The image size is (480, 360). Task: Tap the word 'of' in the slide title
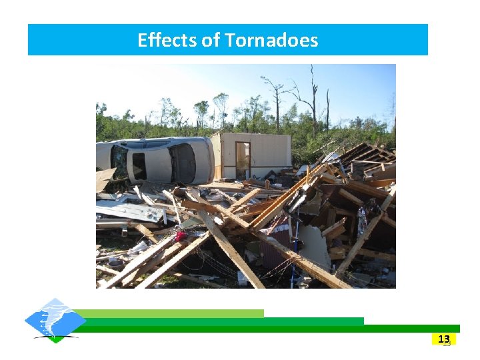click(211, 41)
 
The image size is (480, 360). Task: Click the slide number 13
click(444, 339)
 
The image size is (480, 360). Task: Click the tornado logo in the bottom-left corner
click(55, 321)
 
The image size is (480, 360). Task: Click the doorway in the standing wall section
click(243, 160)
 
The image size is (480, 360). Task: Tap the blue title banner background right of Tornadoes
click(373, 41)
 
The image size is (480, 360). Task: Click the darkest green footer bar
click(267, 329)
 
